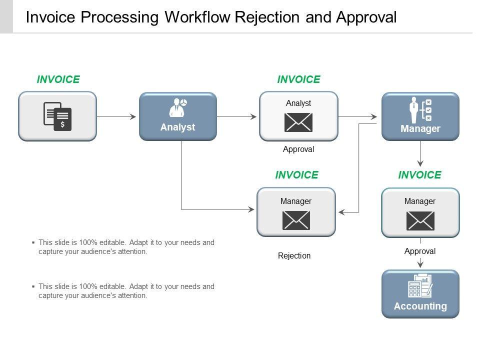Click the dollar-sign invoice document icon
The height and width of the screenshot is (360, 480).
57,116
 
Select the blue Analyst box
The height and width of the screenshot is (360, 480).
178,116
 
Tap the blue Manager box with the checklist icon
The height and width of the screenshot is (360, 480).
420,116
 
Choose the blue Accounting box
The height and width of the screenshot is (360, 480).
420,294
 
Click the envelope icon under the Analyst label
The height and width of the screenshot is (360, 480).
298,122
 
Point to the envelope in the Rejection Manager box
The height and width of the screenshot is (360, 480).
296,220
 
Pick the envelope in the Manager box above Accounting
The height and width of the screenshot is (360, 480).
420,220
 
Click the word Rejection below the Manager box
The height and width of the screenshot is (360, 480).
294,255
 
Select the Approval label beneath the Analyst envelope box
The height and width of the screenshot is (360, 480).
298,149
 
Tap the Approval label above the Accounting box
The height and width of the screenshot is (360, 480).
420,251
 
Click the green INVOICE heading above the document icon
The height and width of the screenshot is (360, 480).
58,79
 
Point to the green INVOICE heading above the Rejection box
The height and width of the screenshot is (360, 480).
296,175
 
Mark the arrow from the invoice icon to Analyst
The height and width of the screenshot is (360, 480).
116,116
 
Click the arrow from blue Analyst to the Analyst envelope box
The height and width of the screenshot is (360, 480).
236,116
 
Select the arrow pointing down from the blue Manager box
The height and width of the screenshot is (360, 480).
420,153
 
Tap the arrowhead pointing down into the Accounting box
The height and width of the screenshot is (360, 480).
420,263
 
